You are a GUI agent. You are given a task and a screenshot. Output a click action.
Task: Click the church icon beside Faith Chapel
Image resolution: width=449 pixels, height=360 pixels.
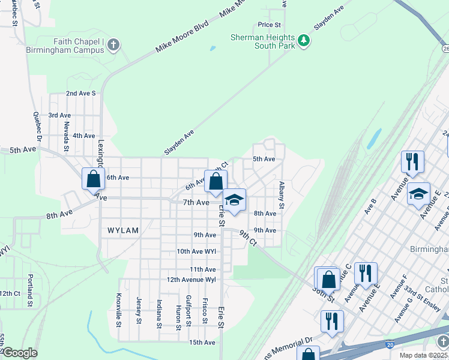tap(113, 45)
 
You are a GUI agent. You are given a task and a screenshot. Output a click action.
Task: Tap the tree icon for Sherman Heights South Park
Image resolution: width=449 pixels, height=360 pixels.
tap(304, 41)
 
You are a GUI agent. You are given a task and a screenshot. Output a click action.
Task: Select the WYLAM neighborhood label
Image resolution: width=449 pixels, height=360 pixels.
tap(123, 230)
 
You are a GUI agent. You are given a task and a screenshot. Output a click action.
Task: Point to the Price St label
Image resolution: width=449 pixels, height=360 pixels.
tap(270, 25)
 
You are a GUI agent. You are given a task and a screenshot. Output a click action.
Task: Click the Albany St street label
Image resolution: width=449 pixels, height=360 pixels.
tap(281, 196)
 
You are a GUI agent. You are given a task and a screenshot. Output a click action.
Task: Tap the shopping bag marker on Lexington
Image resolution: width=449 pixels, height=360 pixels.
tap(93, 179)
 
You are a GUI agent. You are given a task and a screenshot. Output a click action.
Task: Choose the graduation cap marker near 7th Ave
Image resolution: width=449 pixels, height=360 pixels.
tap(235, 200)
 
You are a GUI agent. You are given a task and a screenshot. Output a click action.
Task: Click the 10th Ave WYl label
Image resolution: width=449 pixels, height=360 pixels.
tap(196, 251)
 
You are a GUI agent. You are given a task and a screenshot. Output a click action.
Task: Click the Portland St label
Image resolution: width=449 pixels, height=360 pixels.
tap(29, 290)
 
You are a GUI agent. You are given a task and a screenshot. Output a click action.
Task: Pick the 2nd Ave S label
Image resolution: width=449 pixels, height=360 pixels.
tap(80, 93)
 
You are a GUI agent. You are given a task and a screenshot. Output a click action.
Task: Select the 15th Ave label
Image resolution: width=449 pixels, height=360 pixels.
tap(202, 343)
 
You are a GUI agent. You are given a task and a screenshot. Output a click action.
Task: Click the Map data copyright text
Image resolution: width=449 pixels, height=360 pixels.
tap(424, 355)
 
